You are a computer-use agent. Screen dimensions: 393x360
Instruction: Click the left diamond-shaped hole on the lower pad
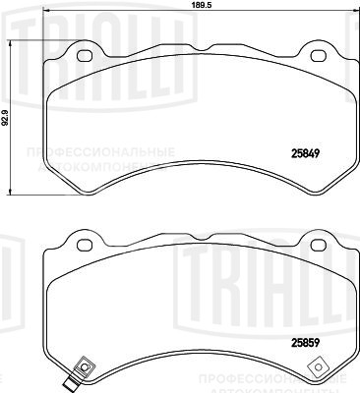coord(84,367)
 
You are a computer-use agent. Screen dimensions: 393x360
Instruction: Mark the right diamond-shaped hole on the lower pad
coord(317,367)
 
